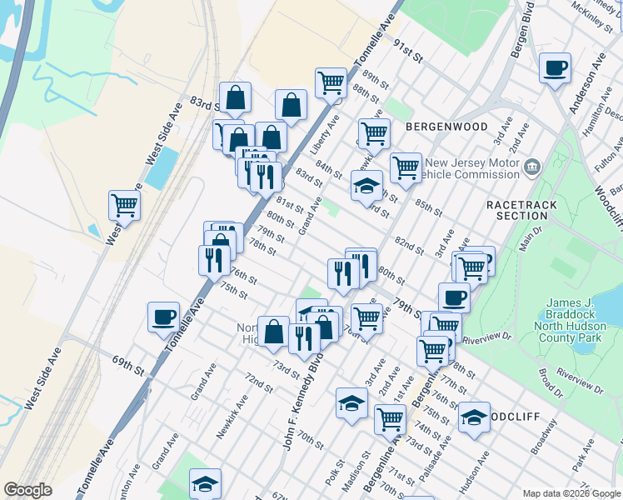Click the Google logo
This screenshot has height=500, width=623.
[x=27, y=490]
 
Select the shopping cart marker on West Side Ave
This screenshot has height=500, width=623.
[x=124, y=203]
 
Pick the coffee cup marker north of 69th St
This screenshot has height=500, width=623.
[x=164, y=317]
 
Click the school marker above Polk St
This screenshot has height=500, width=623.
[x=351, y=403]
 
